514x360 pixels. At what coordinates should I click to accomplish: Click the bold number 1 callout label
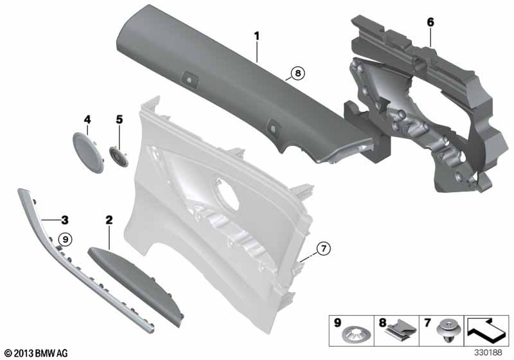[256, 36]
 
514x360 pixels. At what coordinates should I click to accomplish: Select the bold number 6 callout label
[430, 22]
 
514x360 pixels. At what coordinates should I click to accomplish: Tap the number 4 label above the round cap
[87, 120]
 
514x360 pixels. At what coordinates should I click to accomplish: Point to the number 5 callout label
[120, 120]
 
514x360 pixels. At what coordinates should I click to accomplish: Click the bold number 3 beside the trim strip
[65, 220]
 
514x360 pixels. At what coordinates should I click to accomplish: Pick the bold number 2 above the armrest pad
[109, 220]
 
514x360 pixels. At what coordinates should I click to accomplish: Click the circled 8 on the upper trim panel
[297, 73]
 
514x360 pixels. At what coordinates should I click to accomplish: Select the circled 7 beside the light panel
[324, 249]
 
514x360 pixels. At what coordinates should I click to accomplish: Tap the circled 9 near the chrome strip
[66, 240]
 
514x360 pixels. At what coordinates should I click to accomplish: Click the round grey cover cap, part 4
[87, 152]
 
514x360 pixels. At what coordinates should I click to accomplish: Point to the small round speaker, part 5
[118, 156]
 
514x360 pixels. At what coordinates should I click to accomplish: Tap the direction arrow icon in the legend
[486, 330]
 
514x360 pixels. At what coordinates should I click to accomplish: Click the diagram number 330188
[488, 353]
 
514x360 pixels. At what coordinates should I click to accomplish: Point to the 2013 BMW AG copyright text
[37, 353]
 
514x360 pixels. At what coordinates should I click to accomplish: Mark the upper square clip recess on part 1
[190, 79]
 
